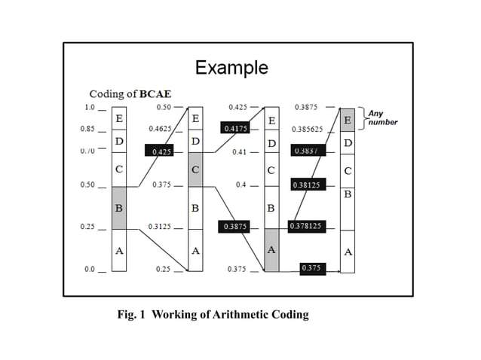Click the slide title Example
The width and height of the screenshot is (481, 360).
[x=231, y=68]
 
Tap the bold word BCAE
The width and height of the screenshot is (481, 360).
[x=154, y=94]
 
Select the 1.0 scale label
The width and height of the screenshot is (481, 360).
[x=89, y=108]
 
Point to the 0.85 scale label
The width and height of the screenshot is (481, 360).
[x=87, y=129]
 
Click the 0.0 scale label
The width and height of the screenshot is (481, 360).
[x=89, y=269]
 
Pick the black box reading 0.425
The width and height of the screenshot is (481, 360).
[x=160, y=151]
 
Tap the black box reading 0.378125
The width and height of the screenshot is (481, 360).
[x=305, y=226]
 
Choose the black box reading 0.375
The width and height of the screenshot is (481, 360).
[x=310, y=268]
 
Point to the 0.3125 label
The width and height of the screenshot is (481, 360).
[x=159, y=226]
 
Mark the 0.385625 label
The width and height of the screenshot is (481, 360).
[x=307, y=129]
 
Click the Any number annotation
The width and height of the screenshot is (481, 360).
[x=383, y=117]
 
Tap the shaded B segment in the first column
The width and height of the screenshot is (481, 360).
[x=119, y=207]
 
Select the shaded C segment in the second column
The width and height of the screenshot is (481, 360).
[x=195, y=171]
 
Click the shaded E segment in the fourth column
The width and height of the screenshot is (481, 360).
[x=347, y=121]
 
